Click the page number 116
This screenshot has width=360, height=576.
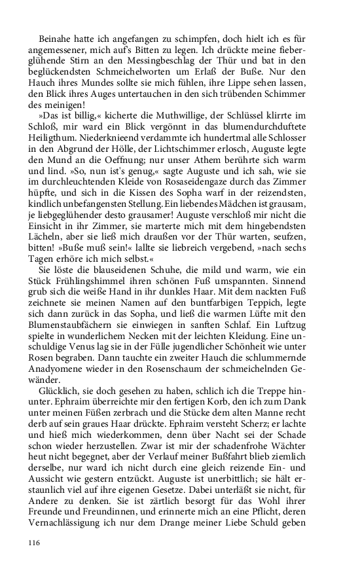click(35, 543)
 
